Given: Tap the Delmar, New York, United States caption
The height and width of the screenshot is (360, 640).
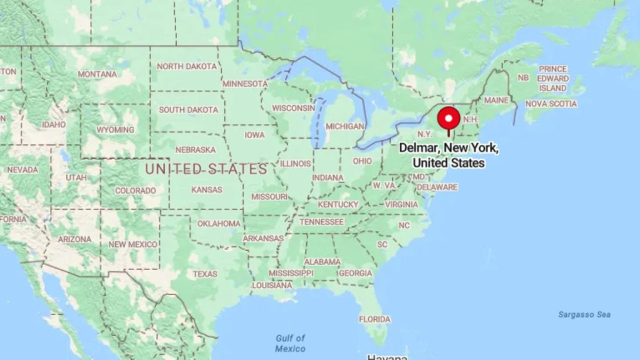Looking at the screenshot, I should [449, 156].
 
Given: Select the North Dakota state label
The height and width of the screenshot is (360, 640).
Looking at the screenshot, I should [187, 66].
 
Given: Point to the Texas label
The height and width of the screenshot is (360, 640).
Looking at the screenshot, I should [205, 274].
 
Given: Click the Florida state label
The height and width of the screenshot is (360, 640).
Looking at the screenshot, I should [374, 319].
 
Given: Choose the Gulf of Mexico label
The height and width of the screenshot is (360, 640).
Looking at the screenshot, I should [291, 343].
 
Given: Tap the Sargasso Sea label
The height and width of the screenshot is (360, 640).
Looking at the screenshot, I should [584, 314].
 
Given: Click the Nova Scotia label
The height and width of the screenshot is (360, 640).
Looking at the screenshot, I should [551, 104].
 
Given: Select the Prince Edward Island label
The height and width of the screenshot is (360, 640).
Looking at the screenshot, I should [554, 78].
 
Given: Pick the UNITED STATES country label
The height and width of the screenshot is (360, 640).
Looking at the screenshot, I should [206, 169].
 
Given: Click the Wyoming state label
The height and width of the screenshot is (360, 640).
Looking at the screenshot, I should [115, 130].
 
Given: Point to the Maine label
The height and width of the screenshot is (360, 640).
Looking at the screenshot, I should [496, 100].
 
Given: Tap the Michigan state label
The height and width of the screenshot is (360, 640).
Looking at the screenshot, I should [345, 126].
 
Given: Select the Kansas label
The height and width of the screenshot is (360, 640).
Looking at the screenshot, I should [207, 189].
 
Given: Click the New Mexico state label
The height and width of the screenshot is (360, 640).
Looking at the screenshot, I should [132, 244].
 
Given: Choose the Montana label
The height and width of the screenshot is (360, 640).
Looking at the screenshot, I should [97, 74].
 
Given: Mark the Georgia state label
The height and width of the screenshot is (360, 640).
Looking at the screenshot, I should [355, 273].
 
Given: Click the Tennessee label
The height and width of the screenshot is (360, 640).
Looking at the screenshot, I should [321, 222].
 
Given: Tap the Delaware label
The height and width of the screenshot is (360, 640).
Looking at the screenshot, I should [437, 187].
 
